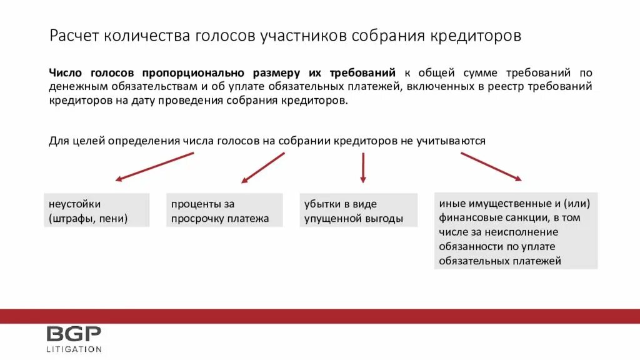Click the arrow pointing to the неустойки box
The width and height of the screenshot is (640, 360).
154,166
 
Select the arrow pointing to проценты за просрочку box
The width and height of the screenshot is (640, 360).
263,167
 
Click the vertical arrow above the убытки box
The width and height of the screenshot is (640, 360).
363,167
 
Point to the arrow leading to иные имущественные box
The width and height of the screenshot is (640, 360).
491,166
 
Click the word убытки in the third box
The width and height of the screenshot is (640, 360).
322,204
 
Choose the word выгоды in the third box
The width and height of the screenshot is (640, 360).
385,219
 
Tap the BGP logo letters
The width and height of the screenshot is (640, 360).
73,334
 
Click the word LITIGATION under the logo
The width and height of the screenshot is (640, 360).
74,349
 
